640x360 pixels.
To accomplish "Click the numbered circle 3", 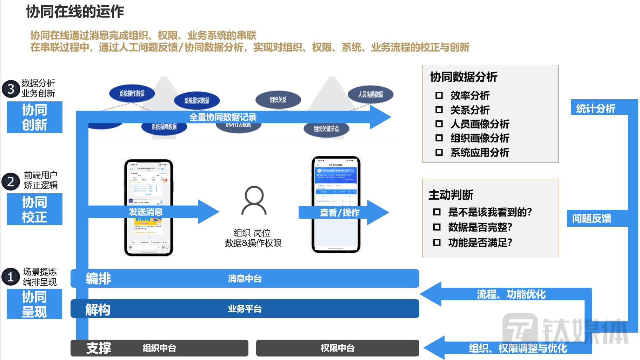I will [11, 89].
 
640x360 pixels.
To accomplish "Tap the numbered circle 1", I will [11, 277].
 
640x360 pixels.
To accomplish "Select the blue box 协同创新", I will [35, 117].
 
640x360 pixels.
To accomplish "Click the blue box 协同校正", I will [35, 209].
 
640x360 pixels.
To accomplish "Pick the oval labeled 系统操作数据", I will [132, 93].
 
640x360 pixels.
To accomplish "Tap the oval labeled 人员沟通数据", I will [371, 94].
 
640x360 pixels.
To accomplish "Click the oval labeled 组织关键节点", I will [326, 129].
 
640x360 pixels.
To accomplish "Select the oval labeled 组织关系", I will [278, 100].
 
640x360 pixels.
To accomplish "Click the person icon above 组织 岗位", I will [254, 200].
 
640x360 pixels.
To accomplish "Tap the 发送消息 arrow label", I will [146, 212].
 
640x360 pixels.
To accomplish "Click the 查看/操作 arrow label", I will [340, 213].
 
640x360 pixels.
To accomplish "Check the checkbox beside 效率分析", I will [439, 95].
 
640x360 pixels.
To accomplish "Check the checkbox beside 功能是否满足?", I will [437, 242].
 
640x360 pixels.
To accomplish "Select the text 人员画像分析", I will [480, 124].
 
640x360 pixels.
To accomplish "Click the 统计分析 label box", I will [596, 108].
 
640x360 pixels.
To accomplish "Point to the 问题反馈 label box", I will [592, 218].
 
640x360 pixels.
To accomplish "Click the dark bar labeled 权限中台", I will [338, 348].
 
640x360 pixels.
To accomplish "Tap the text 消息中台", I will [245, 279].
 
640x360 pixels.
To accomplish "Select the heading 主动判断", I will [451, 195].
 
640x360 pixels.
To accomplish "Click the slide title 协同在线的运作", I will [75, 12].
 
